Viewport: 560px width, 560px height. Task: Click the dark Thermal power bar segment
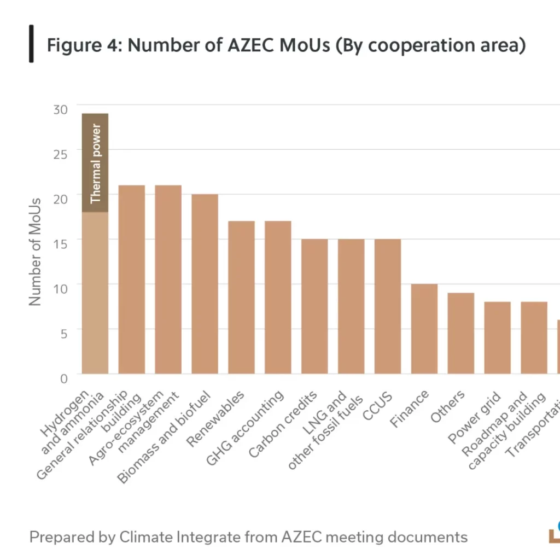[x=95, y=162]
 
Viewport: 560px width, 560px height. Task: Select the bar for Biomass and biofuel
[x=205, y=284]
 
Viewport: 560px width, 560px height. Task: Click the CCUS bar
[x=388, y=306]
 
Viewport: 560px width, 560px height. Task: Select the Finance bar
[x=424, y=329]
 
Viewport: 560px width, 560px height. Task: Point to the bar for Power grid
[x=498, y=337]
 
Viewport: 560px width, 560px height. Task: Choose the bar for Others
[x=461, y=333]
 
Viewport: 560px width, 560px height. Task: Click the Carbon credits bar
[x=314, y=306]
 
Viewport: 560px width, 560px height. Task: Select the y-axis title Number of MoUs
[x=35, y=252]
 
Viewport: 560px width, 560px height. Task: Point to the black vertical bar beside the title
[x=31, y=44]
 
